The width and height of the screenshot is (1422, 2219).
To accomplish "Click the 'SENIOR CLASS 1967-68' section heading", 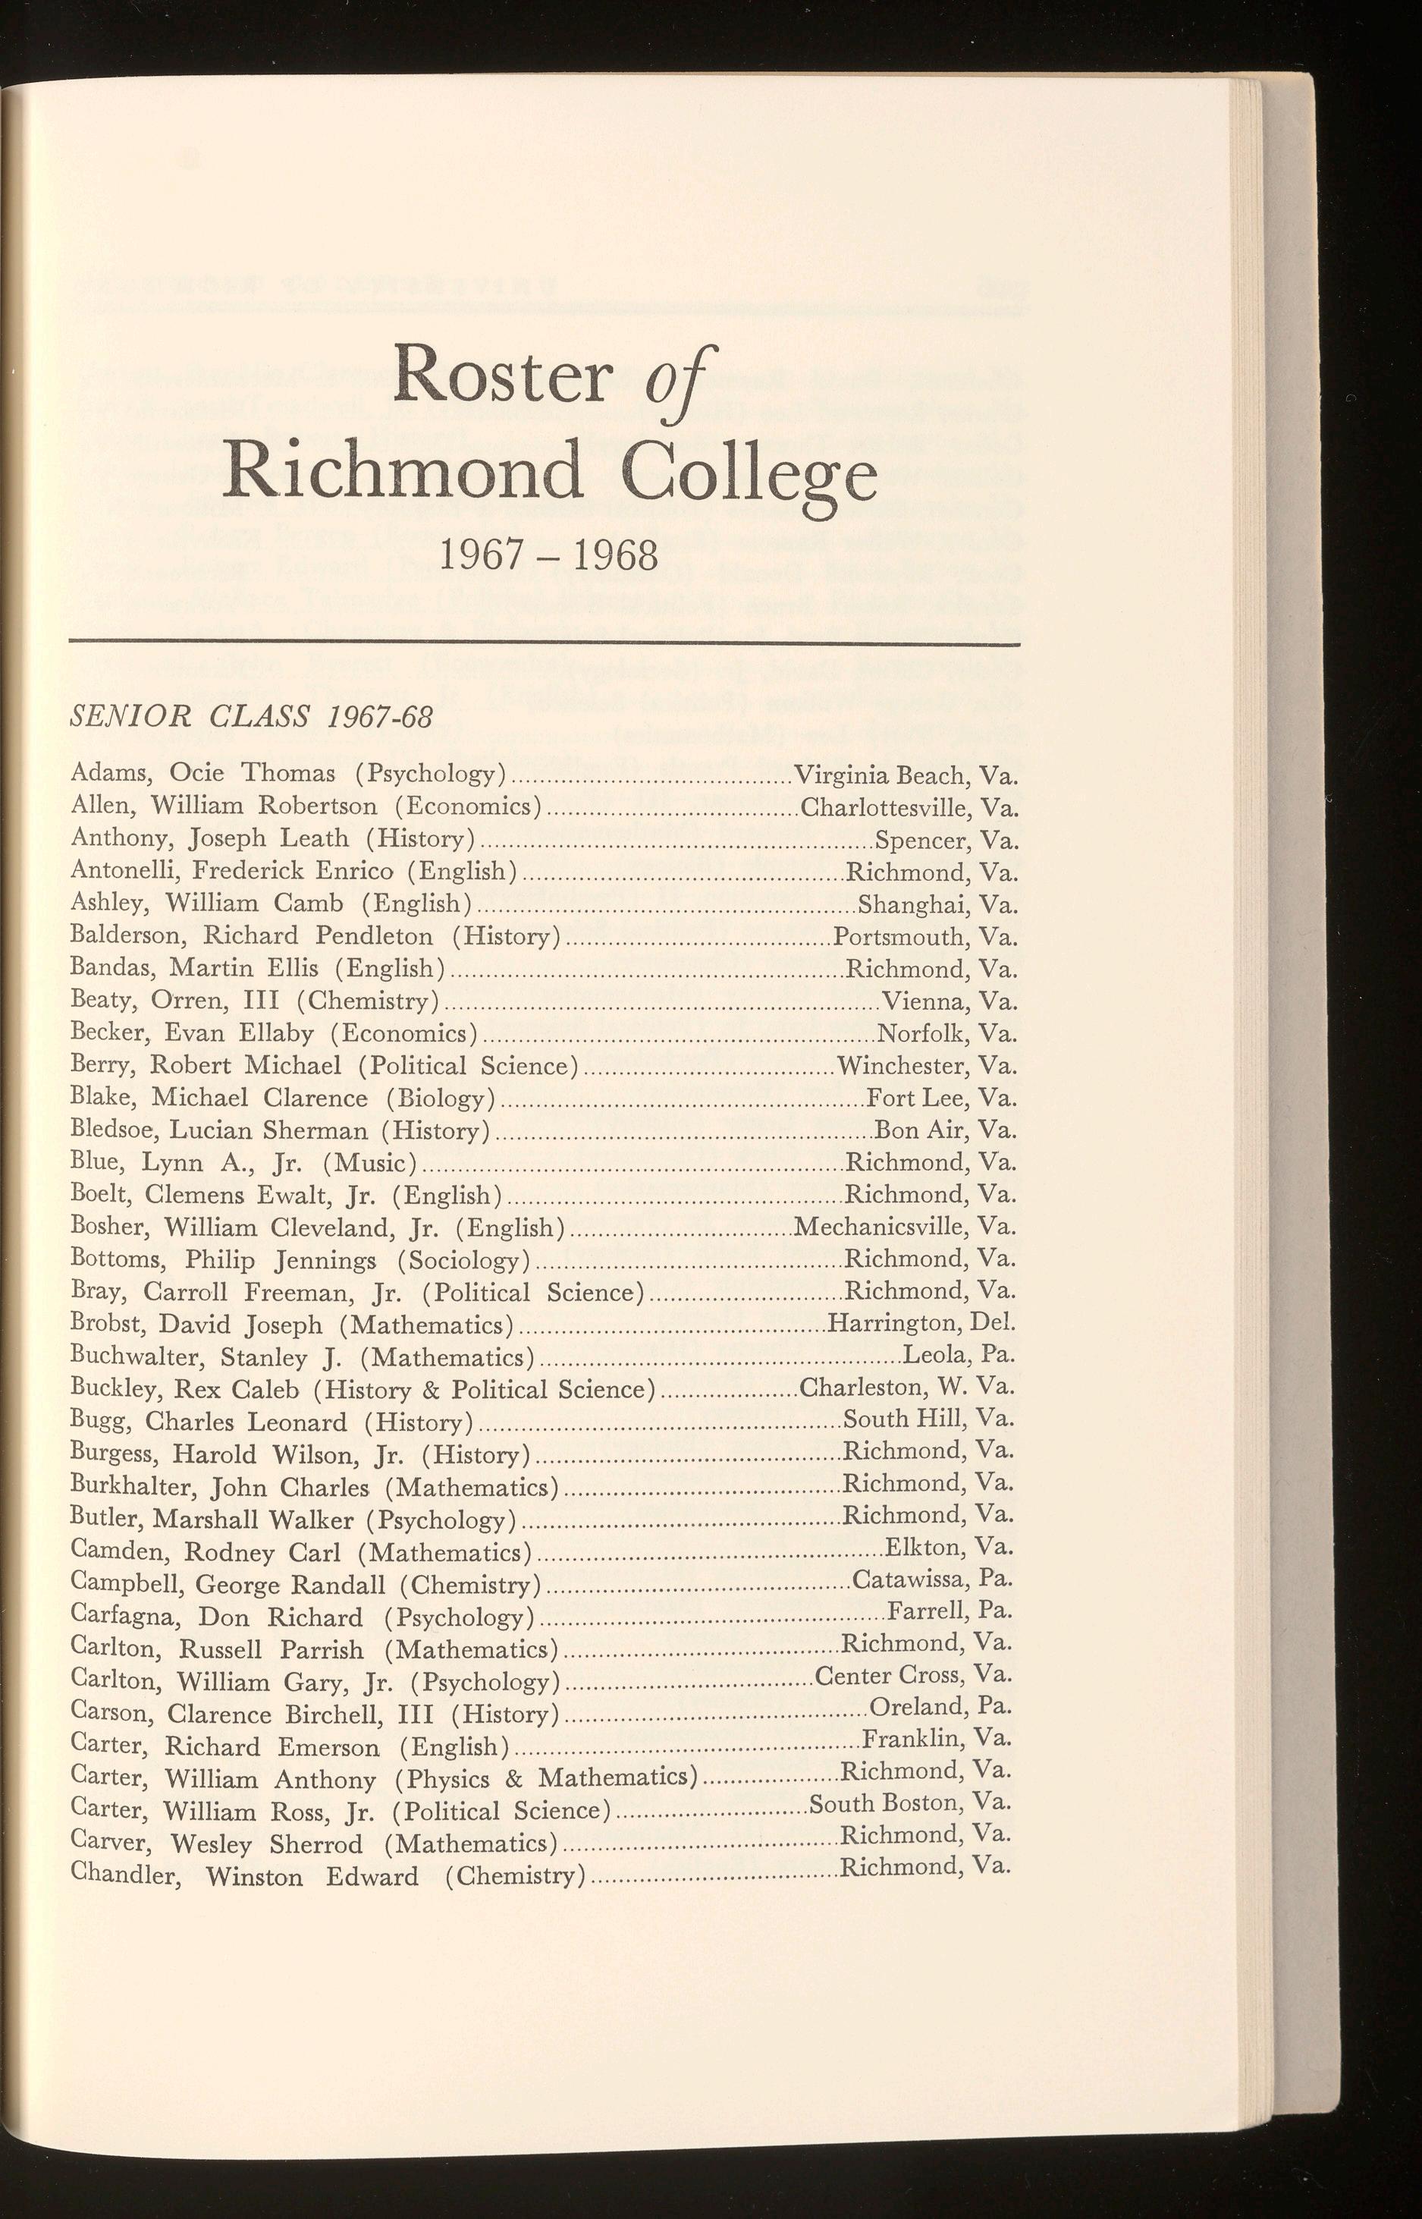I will [x=251, y=718].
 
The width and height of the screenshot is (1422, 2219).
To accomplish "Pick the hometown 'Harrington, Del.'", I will [x=921, y=1322].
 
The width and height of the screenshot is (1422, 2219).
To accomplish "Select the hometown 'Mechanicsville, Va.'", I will [x=905, y=1226].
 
